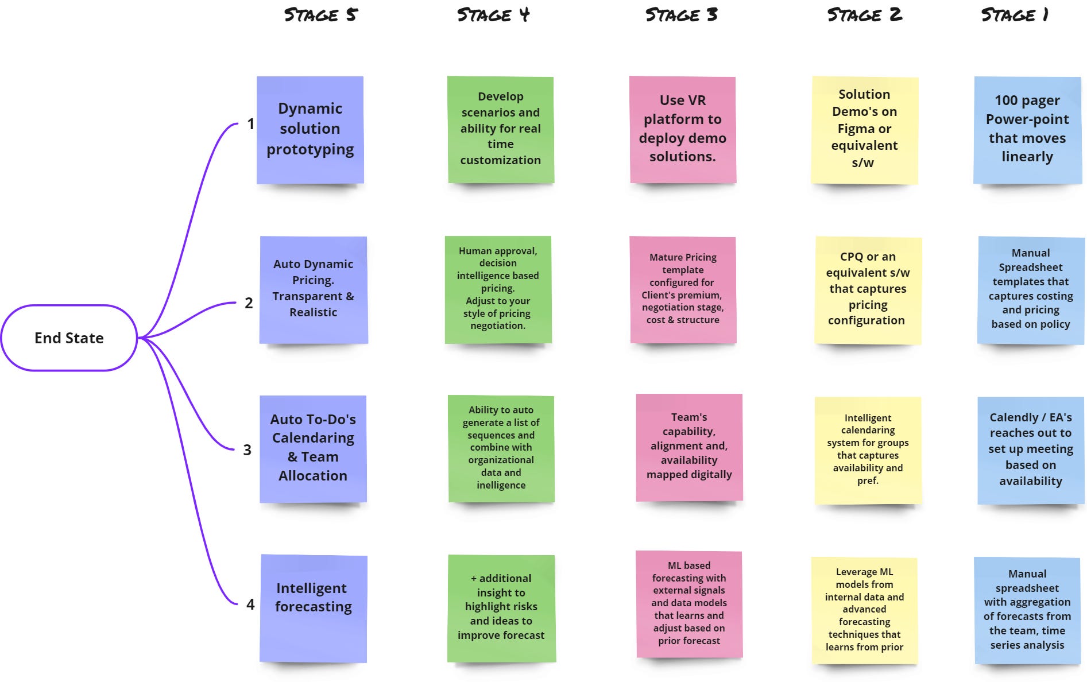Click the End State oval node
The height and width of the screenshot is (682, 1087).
pyautogui.click(x=69, y=338)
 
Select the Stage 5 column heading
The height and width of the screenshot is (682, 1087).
pyautogui.click(x=320, y=15)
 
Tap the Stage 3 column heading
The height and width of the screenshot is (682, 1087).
pyautogui.click(x=681, y=15)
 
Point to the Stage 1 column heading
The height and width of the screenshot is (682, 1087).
pyautogui.click(x=1015, y=15)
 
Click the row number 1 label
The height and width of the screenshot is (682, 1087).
pyautogui.click(x=250, y=124)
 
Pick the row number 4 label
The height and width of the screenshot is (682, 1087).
pyautogui.click(x=250, y=604)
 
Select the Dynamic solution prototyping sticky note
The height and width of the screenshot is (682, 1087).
pyautogui.click(x=310, y=130)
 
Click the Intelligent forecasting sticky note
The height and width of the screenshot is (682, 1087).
pyautogui.click(x=314, y=609)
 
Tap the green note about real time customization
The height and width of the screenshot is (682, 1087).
pyautogui.click(x=501, y=129)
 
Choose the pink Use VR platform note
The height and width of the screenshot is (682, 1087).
pyautogui.click(x=683, y=129)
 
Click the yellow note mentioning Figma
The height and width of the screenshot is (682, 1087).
pyautogui.click(x=864, y=130)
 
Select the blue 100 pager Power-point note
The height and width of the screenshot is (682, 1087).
pyautogui.click(x=1027, y=130)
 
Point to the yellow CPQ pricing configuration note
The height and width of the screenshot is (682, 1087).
pyautogui.click(x=868, y=289)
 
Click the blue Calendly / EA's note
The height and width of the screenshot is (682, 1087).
pyautogui.click(x=1031, y=449)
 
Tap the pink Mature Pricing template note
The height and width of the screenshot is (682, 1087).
pyautogui.click(x=683, y=289)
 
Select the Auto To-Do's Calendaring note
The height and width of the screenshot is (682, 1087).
pyautogui.click(x=313, y=448)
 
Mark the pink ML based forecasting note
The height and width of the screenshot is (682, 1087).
pyautogui.click(x=689, y=604)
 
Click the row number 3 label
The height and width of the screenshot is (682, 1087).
pyautogui.click(x=247, y=450)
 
